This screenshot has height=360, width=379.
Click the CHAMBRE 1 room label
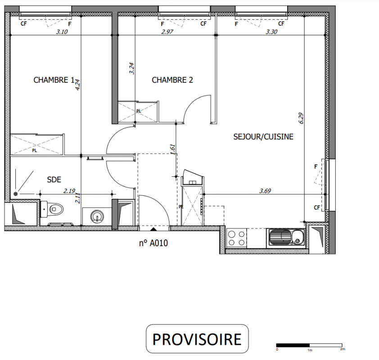point(54,80)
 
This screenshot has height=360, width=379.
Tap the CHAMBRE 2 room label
point(172,80)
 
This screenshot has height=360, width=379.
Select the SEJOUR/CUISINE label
point(263,137)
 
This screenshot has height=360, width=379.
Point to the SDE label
point(54,180)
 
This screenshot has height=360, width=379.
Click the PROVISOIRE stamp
point(197,339)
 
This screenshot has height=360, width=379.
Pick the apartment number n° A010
point(153,243)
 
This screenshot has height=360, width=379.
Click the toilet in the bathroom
point(52,208)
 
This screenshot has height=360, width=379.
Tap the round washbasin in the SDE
point(97,216)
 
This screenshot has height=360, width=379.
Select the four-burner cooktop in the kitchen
point(236,238)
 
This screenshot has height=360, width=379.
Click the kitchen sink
point(286,238)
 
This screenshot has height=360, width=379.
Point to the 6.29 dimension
point(301,118)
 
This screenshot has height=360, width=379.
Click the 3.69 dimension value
point(265,191)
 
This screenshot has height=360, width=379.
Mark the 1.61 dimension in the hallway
point(172,150)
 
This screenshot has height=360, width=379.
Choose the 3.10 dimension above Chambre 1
point(62,31)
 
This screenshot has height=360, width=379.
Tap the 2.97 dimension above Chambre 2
point(167,31)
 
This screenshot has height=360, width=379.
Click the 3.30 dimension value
point(271,31)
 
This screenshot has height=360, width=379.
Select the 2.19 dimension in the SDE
point(69,191)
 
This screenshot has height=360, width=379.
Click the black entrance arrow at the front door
point(153,229)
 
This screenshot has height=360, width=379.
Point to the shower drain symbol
point(16,194)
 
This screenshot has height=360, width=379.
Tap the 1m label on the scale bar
point(310,350)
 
